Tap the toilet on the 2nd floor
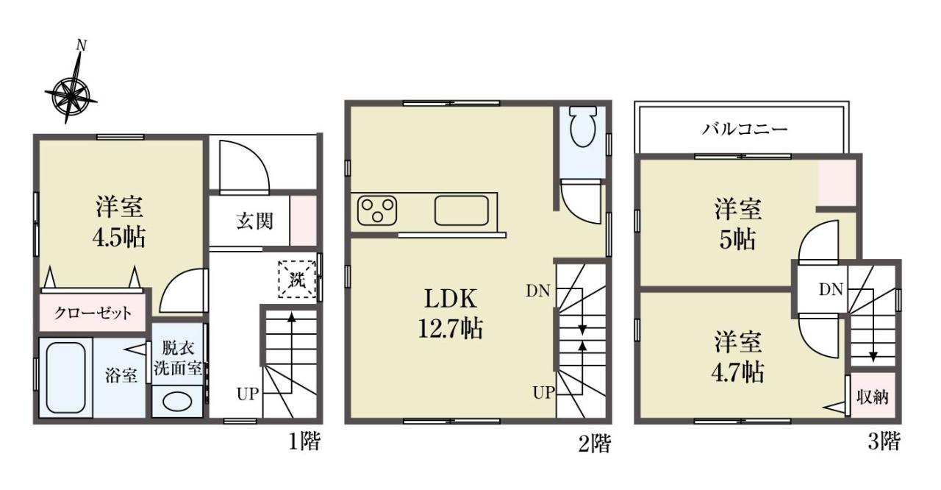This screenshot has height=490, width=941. [583, 126]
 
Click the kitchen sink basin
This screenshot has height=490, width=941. [462, 210]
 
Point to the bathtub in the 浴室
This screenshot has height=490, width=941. [65, 377]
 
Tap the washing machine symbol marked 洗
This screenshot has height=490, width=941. [297, 279]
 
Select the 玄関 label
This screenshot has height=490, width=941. [254, 221]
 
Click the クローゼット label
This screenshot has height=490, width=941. [93, 313]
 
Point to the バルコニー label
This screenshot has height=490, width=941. [744, 129]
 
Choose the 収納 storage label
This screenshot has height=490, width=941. [873, 397]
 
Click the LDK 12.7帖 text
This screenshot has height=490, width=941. [451, 313]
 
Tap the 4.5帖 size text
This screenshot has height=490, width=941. [119, 238]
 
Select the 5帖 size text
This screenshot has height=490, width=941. [737, 240]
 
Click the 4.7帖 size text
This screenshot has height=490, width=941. [737, 372]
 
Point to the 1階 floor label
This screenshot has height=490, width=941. [304, 441]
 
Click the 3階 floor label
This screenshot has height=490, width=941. [884, 441]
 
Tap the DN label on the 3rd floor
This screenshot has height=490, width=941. [831, 290]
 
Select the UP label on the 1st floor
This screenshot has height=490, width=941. [247, 394]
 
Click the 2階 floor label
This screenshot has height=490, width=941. [595, 444]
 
